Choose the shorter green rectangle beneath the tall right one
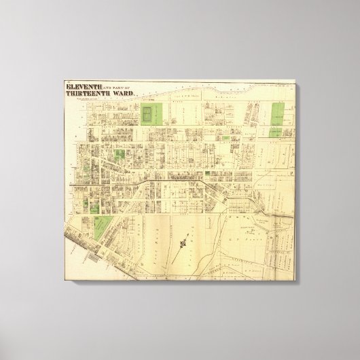point(278,135)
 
